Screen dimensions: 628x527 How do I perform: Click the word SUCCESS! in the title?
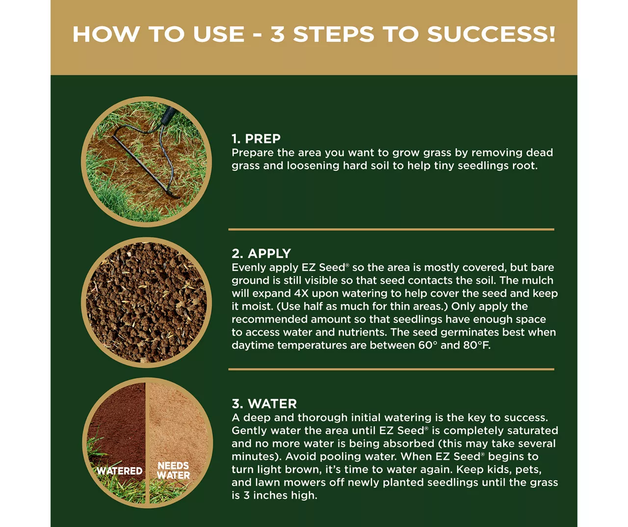point(491,34)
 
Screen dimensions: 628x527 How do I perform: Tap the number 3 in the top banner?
point(278,34)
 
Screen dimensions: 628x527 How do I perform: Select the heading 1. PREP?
point(256,139)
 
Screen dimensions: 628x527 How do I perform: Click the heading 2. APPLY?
point(261,254)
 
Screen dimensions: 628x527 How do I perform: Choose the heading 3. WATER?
point(264,404)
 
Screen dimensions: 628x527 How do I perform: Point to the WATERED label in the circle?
point(119,471)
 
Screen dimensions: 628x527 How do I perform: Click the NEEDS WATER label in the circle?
point(174,471)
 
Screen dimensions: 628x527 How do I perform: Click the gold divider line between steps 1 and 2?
point(391,230)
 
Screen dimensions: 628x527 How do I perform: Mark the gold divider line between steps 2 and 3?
point(391,369)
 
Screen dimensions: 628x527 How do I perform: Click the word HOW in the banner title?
point(106,34)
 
